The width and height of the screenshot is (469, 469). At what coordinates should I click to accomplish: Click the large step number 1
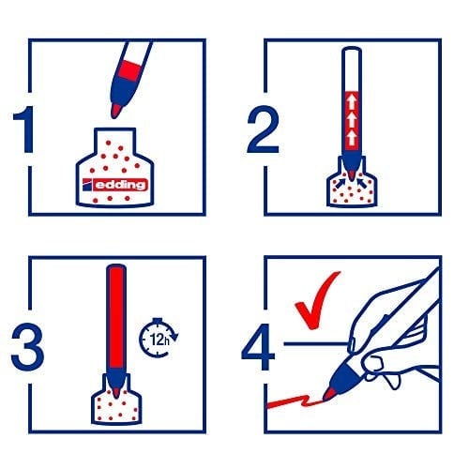(x=25, y=129)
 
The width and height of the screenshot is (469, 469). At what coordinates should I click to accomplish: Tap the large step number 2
(x=263, y=129)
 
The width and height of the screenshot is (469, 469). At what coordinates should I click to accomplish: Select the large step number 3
(x=27, y=346)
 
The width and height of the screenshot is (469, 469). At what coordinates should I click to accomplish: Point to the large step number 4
(x=258, y=346)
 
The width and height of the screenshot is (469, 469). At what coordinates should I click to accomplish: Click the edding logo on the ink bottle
(x=114, y=185)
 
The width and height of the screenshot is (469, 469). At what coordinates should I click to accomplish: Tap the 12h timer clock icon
(x=159, y=338)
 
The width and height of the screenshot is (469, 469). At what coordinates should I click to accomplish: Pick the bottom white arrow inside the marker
(x=352, y=138)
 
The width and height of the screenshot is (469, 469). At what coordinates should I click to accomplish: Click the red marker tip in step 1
(x=115, y=111)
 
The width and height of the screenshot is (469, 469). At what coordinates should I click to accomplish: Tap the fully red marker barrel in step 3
(x=116, y=316)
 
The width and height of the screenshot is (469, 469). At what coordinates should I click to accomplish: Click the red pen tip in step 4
(x=327, y=394)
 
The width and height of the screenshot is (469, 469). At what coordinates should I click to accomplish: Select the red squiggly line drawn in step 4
(x=295, y=402)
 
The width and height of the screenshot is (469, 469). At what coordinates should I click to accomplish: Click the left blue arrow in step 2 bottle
(x=340, y=183)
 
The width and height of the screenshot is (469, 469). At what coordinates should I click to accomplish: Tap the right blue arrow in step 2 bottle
(x=362, y=183)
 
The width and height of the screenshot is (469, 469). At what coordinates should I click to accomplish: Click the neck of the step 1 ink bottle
(x=115, y=141)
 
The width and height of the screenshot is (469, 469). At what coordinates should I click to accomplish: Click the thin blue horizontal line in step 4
(x=316, y=344)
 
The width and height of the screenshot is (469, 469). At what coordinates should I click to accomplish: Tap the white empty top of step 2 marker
(x=352, y=69)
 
